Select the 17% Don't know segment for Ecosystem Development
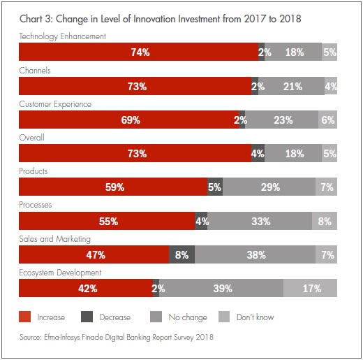311,288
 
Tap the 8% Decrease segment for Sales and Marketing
182,254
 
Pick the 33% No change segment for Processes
260,221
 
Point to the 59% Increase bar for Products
113,187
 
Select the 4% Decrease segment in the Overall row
258,154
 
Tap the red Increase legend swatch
24,317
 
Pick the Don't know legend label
254,317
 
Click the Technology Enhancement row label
63,36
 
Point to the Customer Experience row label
55,104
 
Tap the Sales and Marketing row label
54,239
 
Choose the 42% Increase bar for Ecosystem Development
85,288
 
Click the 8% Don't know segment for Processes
324,221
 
